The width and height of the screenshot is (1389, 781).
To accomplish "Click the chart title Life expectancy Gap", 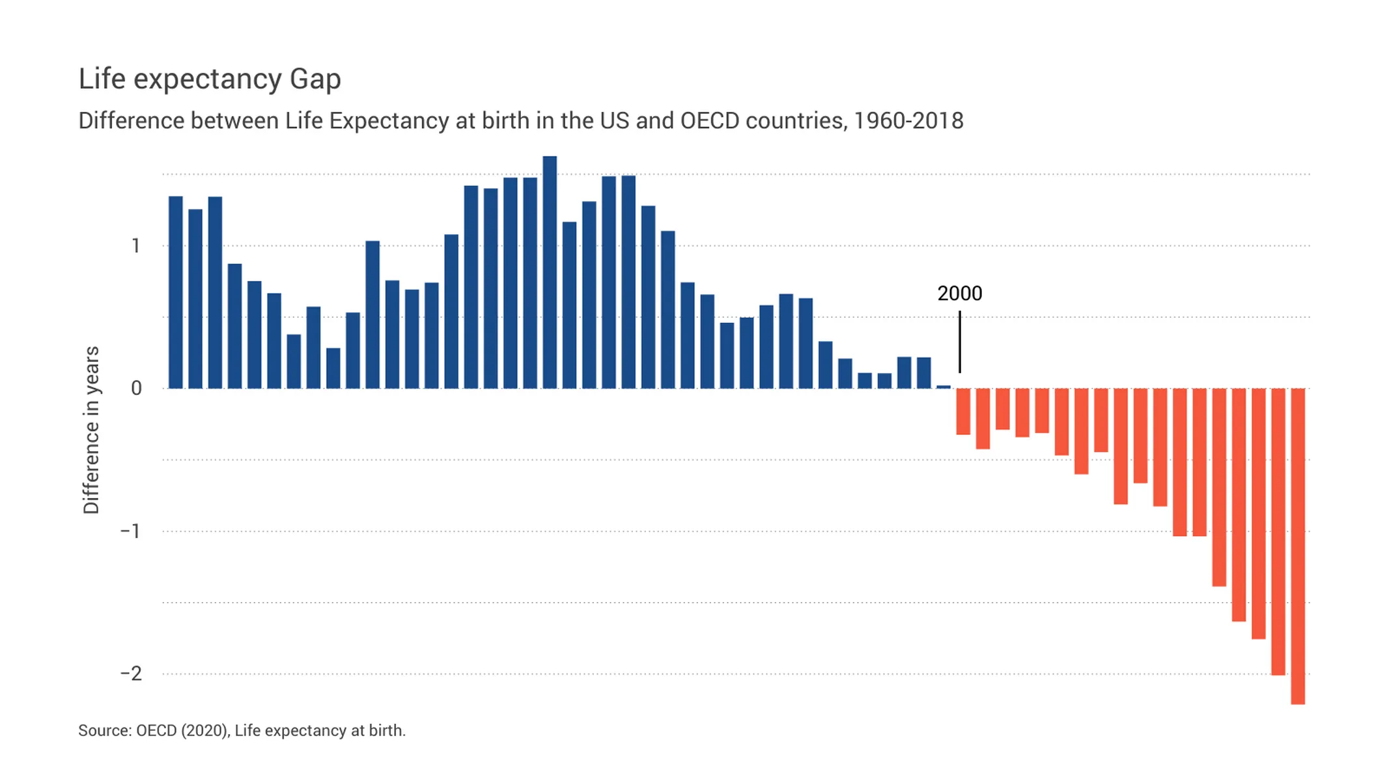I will [209, 79].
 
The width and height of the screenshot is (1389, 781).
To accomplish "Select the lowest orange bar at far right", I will [1297, 547].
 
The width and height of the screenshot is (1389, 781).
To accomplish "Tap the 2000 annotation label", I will [959, 294].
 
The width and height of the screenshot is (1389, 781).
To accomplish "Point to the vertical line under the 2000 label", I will [959, 342].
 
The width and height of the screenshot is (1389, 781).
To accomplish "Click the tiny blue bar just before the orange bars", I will [943, 387].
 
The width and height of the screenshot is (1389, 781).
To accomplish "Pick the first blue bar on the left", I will [175, 293].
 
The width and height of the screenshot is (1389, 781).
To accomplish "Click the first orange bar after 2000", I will [962, 411].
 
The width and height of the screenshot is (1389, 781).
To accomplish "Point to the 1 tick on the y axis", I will [135, 246].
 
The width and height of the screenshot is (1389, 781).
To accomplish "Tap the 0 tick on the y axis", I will [136, 389].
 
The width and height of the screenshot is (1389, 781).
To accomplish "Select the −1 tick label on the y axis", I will [131, 531].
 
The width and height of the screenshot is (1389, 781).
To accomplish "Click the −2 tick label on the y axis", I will [131, 674].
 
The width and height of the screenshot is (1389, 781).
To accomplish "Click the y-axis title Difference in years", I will [91, 430].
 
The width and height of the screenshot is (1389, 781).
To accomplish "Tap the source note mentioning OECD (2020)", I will [242, 730].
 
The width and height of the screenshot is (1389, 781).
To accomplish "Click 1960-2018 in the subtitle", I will [908, 121].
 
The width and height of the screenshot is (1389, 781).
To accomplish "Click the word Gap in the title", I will [315, 79].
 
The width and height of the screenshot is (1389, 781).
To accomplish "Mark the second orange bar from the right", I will [1278, 532].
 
